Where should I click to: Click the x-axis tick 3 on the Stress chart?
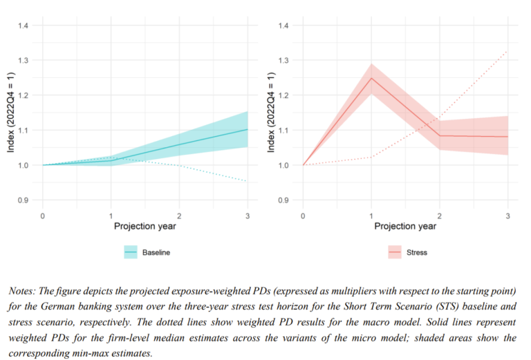pyautogui.click(x=508, y=216)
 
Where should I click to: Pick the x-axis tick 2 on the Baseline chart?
pyautogui.click(x=179, y=216)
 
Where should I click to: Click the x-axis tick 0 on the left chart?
pyautogui.click(x=43, y=216)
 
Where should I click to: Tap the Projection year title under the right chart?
pyautogui.click(x=405, y=226)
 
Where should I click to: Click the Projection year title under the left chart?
pyautogui.click(x=145, y=226)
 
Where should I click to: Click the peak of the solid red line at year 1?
pyautogui.click(x=372, y=78)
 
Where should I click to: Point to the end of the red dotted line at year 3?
pyautogui.click(x=508, y=50)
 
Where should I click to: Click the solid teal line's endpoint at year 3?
pyautogui.click(x=247, y=129)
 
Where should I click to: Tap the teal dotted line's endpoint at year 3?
pyautogui.click(x=247, y=182)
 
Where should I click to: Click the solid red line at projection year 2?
pyautogui.click(x=440, y=135)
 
